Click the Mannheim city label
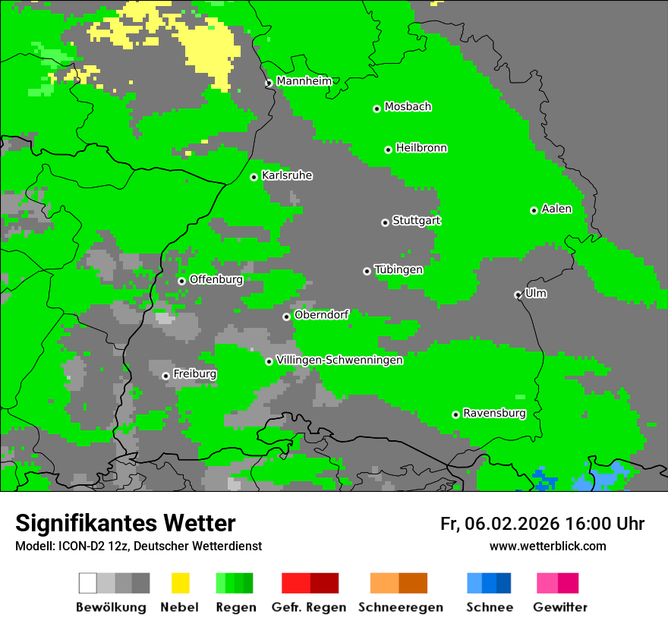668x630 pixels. pos(304,81)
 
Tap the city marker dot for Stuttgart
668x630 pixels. pos(385,222)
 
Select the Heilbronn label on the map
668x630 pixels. pos(421,148)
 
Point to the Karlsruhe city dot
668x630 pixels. pos(254,177)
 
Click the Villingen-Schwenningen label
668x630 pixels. pos(339,361)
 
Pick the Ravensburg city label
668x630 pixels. pos(494,414)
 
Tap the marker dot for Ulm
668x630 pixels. pos(518,295)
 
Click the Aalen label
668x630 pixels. pos(556,209)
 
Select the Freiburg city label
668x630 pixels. pos(194,374)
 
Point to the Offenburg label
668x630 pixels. pos(216,279)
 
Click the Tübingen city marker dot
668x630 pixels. pos(367,271)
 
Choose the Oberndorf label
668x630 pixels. pos(321,315)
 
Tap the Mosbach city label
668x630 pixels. pos(408,107)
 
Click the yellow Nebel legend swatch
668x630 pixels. pos(180,583)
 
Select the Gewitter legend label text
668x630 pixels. pos(559,607)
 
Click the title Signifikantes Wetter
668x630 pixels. pos(125,524)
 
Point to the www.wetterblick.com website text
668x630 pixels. pos(547,546)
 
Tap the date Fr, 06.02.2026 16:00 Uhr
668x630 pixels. pos(542,524)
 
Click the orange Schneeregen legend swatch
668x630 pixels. pos(384,583)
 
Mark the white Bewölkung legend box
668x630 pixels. pos(88,583)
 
